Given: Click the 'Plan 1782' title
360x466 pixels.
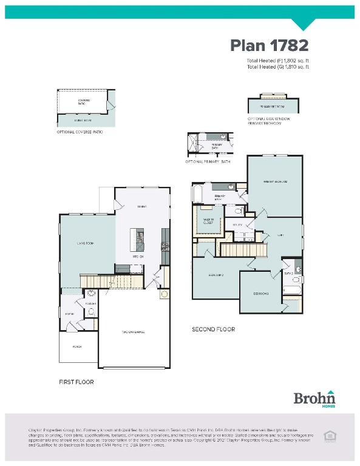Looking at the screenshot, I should pyautogui.click(x=269, y=46).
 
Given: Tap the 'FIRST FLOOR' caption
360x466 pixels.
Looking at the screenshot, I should pyautogui.click(x=76, y=382).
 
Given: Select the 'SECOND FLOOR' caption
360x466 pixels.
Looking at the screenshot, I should pyautogui.click(x=213, y=329).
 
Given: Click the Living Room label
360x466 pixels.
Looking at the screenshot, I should pyautogui.click(x=86, y=243).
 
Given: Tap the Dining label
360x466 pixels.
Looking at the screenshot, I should pyautogui.click(x=141, y=207).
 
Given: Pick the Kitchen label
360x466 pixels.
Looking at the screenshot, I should pyautogui.click(x=138, y=257).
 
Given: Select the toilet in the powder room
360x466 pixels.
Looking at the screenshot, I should pyautogui.click(x=91, y=312).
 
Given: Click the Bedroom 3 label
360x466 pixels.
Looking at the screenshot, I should pyautogui.click(x=261, y=294).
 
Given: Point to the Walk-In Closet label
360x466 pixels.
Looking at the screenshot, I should pyautogui.click(x=208, y=222).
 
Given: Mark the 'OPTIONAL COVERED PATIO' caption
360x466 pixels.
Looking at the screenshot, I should pyautogui.click(x=80, y=132).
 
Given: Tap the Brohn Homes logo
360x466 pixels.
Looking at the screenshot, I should pyautogui.click(x=314, y=398).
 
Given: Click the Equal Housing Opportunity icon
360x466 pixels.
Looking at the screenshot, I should pyautogui.click(x=330, y=435).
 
